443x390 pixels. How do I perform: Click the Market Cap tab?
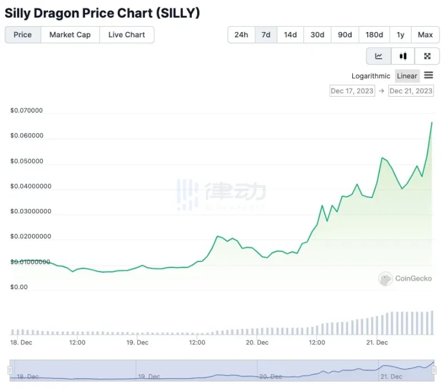[70, 35]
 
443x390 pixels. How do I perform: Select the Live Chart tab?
[126, 35]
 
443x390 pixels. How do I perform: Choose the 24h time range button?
[241, 35]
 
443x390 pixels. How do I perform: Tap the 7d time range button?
[266, 35]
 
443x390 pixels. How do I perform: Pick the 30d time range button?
[318, 35]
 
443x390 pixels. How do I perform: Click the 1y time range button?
[401, 35]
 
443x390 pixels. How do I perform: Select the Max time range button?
[425, 35]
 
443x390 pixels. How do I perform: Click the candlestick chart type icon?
[403, 56]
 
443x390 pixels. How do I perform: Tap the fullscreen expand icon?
[427, 56]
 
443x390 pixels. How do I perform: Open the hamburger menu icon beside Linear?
[429, 75]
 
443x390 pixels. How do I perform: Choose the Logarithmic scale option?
[371, 76]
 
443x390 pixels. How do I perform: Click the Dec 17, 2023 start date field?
[352, 91]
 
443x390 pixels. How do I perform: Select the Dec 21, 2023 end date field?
[411, 91]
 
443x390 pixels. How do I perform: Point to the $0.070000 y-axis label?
[27, 111]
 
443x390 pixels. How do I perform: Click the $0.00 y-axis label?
[19, 287]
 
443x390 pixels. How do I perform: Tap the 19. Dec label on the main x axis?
[138, 343]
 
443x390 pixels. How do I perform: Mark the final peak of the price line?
[432, 122]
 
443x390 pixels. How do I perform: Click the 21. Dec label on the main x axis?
[377, 343]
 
